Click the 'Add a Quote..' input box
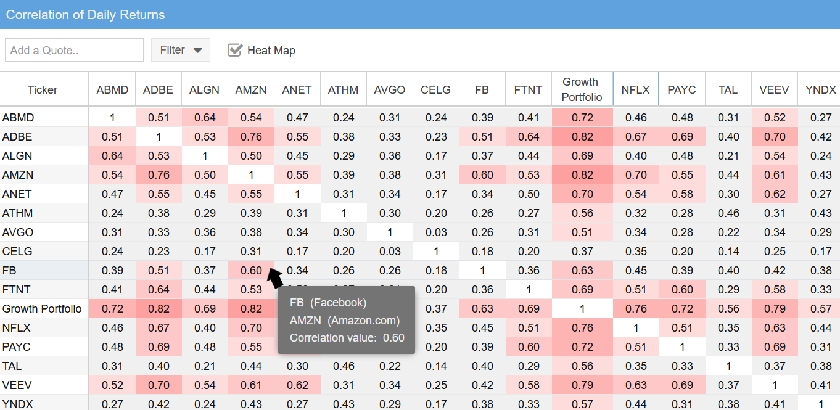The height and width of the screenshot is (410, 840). (x=74, y=50)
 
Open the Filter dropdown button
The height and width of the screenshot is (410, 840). (x=180, y=50)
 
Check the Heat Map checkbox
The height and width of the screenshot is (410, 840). (x=235, y=50)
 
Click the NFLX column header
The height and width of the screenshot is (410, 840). (x=635, y=89)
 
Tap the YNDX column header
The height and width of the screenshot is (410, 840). (x=820, y=89)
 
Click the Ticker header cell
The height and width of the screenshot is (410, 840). (x=43, y=89)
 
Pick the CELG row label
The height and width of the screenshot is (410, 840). (x=17, y=252)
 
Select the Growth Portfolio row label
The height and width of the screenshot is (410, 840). (x=42, y=309)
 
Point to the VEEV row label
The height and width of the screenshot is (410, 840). (x=17, y=385)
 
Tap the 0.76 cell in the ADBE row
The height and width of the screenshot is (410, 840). (x=251, y=137)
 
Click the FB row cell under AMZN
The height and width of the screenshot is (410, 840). (x=251, y=271)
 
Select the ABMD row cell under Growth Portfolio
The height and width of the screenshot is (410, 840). (x=582, y=118)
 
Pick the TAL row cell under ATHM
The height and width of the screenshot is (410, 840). (x=343, y=366)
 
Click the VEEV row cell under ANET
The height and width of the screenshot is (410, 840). (x=297, y=385)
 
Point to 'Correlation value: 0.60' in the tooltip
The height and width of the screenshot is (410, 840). (x=347, y=337)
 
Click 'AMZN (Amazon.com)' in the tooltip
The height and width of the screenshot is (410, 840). (x=344, y=320)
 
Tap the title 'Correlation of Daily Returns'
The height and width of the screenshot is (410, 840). (x=86, y=14)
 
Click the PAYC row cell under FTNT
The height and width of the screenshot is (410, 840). (x=529, y=347)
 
